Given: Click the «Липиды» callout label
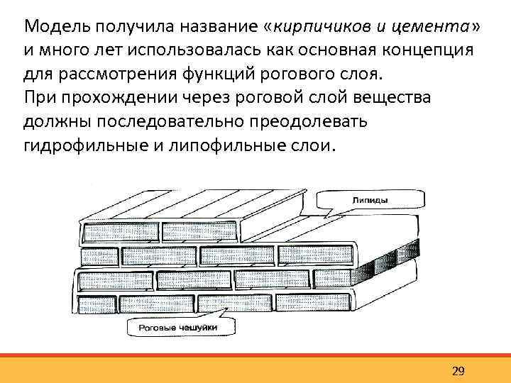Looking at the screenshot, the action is coord(370,201).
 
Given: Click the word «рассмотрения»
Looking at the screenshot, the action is coord(109,74).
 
